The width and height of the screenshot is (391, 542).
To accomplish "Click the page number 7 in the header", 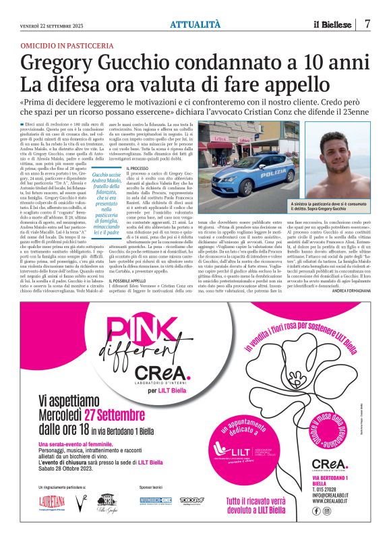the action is (x=368, y=24).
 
